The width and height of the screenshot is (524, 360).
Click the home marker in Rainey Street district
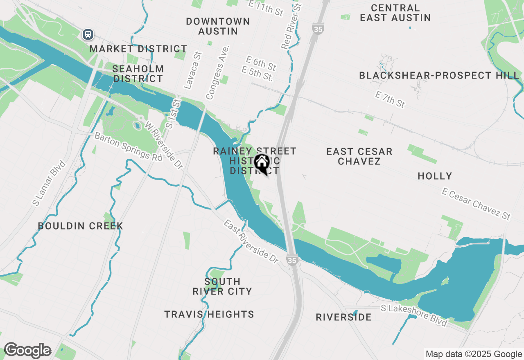pos(262,164)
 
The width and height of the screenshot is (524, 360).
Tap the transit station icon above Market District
pos(88,34)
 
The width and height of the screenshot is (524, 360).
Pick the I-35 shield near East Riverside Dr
pos(291,260)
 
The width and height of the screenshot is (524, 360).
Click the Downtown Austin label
pos(218,26)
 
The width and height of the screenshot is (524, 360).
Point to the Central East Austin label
pos(395,13)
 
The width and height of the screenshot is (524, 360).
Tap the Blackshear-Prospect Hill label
pos(439,75)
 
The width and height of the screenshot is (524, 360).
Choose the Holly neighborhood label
pos(435,176)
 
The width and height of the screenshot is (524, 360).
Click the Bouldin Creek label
pos(80,226)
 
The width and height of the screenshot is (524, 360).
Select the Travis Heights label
pos(209,314)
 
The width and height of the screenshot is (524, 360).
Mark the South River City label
pos(222,286)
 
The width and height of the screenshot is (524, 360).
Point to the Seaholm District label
pos(138,74)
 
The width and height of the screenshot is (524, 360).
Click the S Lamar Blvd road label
pos(50,183)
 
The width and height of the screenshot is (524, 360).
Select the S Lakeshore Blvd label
pos(414,315)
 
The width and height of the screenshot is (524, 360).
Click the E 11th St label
pos(266,8)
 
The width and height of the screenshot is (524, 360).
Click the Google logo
pos(27,350)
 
